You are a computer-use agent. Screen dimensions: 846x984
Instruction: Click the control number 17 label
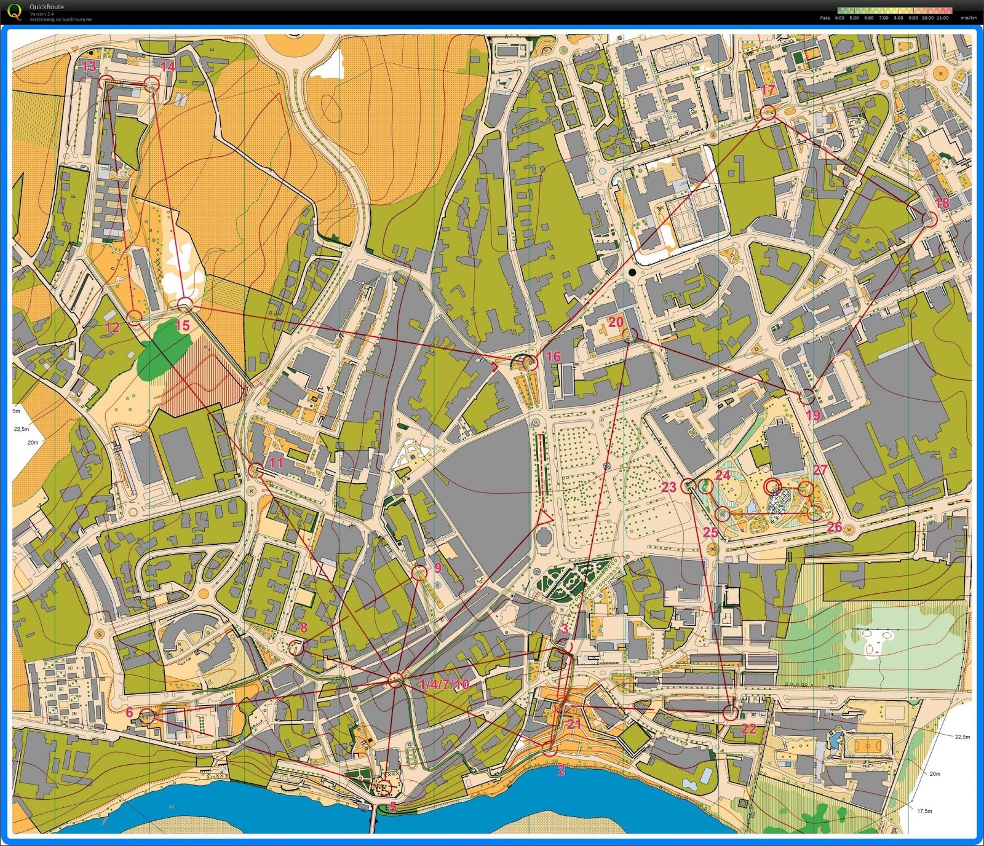tap(768, 90)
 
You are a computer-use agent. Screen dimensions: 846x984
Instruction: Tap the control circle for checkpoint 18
tap(929, 219)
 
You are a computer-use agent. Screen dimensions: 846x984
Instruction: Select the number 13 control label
tap(89, 66)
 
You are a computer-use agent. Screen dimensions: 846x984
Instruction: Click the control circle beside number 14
tap(151, 84)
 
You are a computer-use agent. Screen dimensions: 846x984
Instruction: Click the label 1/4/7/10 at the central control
tap(443, 684)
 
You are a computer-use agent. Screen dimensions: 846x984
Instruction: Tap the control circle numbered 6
tap(147, 716)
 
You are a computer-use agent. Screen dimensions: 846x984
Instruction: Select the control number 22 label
tap(748, 729)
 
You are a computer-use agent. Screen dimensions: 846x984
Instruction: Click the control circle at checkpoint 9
tap(419, 572)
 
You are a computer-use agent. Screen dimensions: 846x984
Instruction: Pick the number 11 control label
tap(276, 462)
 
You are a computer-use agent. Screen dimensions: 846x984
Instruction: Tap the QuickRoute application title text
tap(47, 7)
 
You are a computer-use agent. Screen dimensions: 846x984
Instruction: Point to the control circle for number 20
tap(629, 334)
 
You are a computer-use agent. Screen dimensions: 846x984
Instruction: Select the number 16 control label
tap(553, 356)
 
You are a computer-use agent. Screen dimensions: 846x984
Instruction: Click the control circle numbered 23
tap(688, 486)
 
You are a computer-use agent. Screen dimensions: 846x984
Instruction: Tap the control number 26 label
tap(834, 527)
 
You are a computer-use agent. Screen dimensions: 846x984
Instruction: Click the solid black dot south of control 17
tap(632, 272)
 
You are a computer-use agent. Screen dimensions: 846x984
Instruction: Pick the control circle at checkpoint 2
tap(549, 749)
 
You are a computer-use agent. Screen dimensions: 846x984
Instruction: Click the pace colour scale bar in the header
tap(894, 10)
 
